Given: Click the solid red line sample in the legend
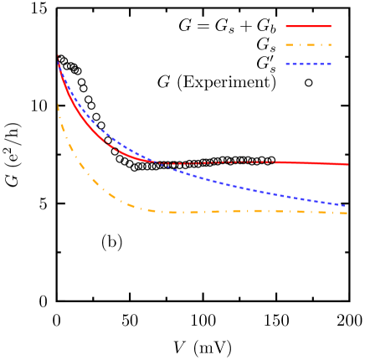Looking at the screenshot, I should pyautogui.click(x=308, y=27).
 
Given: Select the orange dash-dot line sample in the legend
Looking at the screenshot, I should pyautogui.click(x=308, y=45).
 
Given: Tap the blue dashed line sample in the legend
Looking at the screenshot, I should pyautogui.click(x=308, y=64).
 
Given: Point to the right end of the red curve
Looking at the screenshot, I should pyautogui.click(x=347, y=164).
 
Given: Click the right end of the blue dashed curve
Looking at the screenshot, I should pyautogui.click(x=345, y=206).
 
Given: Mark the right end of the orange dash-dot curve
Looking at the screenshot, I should pyautogui.click(x=347, y=213).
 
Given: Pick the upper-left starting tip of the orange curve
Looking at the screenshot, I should pyautogui.click(x=58, y=104).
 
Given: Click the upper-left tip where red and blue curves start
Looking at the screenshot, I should pyautogui.click(x=58, y=56).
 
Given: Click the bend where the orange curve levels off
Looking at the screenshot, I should pyautogui.click(x=147, y=209).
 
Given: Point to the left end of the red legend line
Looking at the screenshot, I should pyautogui.click(x=286, y=27).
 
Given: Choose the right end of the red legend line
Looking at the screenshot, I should pyautogui.click(x=331, y=27).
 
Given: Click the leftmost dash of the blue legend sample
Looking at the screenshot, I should pyautogui.click(x=288, y=64).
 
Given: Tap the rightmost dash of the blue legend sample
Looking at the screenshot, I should pyautogui.click(x=329, y=64).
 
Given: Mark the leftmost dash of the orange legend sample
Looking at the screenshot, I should pyautogui.click(x=288, y=45).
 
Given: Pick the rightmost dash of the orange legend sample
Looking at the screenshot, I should pyautogui.click(x=330, y=45).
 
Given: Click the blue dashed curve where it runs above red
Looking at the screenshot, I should pyautogui.click(x=109, y=136).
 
